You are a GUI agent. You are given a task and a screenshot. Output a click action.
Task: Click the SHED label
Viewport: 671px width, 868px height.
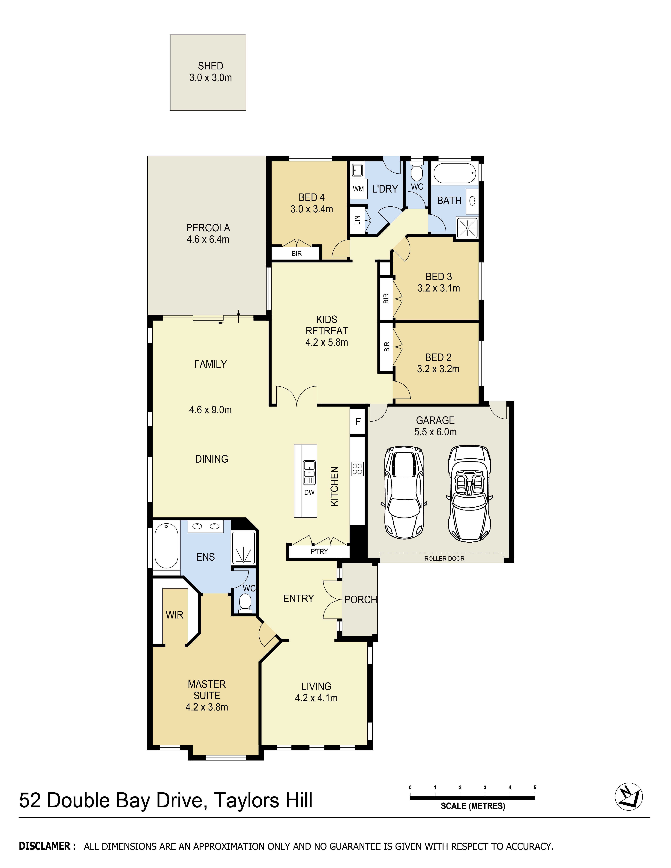(210, 66)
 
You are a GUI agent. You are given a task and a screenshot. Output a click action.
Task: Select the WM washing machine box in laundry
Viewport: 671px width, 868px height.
(358, 189)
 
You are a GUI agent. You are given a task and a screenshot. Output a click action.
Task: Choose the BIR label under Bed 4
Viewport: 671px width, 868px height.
(297, 254)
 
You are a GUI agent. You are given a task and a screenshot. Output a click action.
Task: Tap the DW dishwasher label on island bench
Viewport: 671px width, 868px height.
(309, 492)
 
